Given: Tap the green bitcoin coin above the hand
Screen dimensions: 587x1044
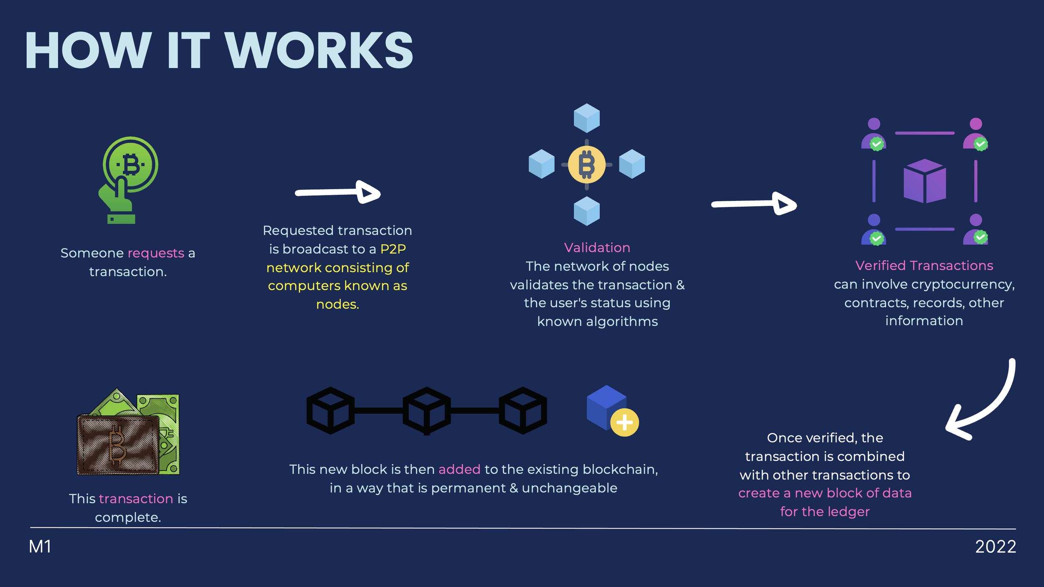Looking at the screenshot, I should [131, 164].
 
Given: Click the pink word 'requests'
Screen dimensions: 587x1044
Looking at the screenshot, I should [156, 253].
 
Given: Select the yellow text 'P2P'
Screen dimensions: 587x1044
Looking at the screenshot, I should [393, 249].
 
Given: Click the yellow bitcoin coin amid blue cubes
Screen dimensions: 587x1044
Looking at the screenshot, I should [586, 164].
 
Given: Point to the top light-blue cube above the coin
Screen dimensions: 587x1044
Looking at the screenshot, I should [586, 118].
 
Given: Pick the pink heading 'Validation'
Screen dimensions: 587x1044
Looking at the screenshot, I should [597, 248].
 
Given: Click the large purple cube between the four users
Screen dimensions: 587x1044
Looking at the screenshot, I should [925, 181].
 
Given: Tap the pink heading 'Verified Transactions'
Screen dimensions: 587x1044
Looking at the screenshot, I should [924, 266].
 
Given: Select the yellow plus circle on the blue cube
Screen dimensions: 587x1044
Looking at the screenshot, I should [624, 423].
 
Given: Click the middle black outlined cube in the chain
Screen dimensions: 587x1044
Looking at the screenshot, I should [426, 410].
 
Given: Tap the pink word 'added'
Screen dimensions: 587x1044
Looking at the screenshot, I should [459, 469].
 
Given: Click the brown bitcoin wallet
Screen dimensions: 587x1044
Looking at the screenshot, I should [118, 445].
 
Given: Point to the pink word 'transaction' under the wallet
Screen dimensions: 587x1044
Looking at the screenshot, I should [136, 498].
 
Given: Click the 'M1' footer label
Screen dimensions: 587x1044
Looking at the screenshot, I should [40, 547].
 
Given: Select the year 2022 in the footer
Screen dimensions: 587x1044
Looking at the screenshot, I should [995, 547].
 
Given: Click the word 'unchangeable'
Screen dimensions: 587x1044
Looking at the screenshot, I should [569, 488].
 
